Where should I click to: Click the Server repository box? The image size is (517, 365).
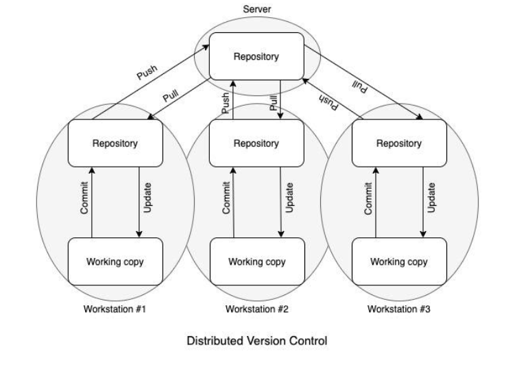256,57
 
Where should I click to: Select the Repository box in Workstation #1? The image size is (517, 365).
115,143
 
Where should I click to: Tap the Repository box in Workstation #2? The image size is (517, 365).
256,143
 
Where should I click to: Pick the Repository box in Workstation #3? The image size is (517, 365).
398,143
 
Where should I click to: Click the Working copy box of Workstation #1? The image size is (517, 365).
115,261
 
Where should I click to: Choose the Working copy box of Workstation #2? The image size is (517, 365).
256,261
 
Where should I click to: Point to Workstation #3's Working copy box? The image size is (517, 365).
398,261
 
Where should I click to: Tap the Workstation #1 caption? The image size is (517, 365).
115,308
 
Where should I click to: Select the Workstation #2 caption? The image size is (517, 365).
256,308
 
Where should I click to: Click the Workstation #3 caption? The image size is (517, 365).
398,308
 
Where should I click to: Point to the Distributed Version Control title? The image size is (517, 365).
256,340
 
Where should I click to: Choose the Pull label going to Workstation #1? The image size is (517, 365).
171,95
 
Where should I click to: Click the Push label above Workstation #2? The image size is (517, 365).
226,103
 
